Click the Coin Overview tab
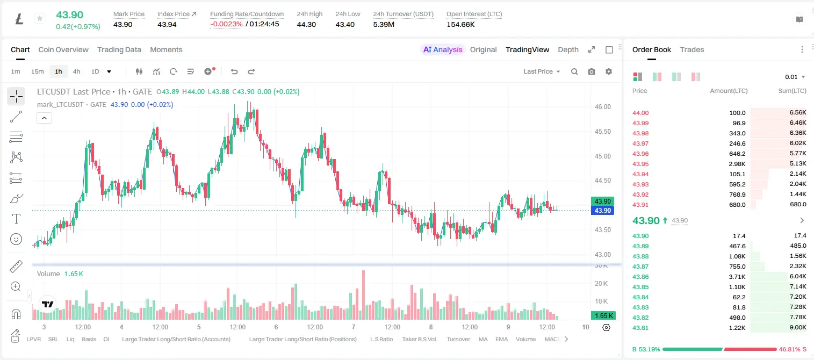63,49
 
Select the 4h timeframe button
76,71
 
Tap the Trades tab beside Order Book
692,49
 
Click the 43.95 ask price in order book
640,164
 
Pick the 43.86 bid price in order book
640,277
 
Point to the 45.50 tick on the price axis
602,132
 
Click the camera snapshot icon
592,71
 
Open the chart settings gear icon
609,71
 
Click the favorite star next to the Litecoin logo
40,18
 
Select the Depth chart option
568,49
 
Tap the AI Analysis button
443,49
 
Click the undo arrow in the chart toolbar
234,71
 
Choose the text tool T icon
16,219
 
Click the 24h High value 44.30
306,24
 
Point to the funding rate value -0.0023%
226,24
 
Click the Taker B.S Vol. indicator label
419,339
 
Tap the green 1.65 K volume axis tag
602,316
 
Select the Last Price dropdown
542,71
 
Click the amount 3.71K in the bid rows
737,277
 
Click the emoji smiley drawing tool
16,239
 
